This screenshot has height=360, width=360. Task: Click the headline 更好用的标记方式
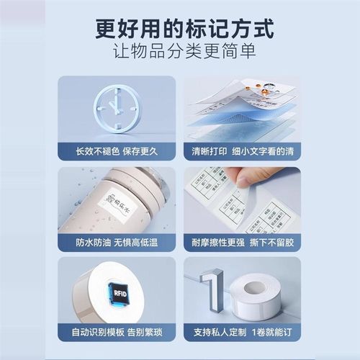pos(179,30)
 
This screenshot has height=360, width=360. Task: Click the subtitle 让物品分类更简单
pos(179,54)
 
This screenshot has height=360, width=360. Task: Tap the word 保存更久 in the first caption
pos(140,152)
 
